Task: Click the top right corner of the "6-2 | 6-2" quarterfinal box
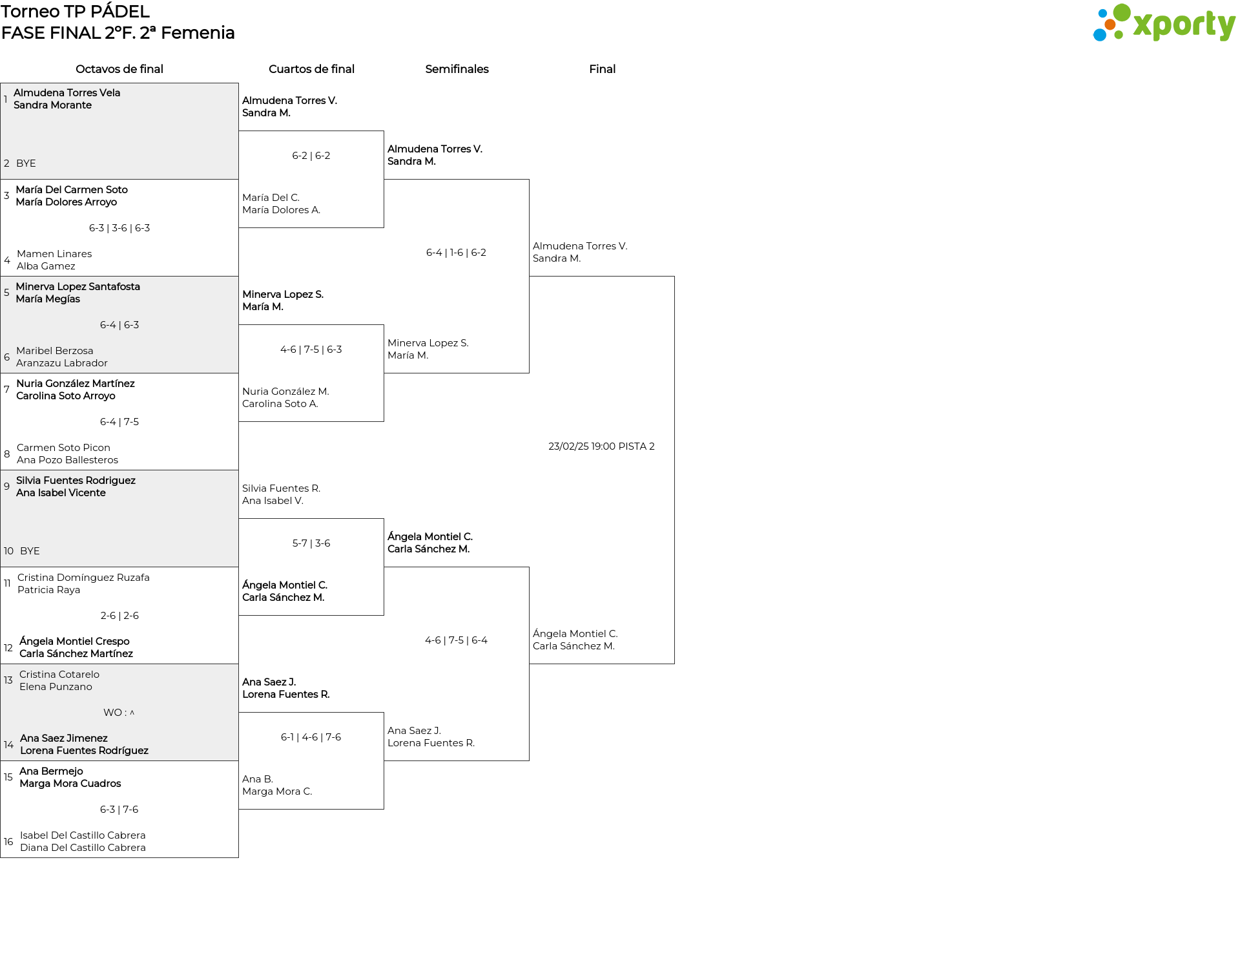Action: coord(384,131)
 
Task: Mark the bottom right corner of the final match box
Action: coord(674,664)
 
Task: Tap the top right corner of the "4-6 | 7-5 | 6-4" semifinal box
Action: coord(529,567)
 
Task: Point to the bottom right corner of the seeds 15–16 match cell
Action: coord(238,857)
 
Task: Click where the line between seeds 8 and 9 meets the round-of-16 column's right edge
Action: coord(238,470)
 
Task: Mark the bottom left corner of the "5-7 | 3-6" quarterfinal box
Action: coord(239,615)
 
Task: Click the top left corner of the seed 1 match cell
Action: coord(1,83)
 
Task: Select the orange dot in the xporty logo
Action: coord(1110,25)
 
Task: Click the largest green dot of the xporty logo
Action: coord(1122,12)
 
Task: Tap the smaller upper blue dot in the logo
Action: coord(1102,13)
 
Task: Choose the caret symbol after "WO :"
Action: coord(132,713)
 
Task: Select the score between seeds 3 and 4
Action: coord(119,228)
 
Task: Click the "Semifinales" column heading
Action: coord(457,69)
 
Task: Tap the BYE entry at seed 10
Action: coord(30,551)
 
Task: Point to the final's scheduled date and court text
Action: coord(601,446)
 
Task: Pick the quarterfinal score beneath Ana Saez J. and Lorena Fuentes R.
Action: coord(311,737)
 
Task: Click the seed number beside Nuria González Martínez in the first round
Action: coord(6,390)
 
